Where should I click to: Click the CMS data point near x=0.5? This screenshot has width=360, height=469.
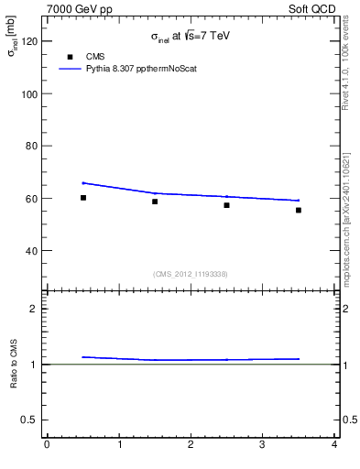click(83, 198)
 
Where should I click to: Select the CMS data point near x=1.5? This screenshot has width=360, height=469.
click(155, 202)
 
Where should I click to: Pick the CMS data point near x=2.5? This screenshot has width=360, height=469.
click(226, 205)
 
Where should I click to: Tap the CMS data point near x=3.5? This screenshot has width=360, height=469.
click(299, 210)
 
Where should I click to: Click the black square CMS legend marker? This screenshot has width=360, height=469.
click(69, 57)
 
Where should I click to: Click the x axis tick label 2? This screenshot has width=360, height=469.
click(191, 445)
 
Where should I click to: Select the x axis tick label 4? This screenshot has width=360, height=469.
click(333, 445)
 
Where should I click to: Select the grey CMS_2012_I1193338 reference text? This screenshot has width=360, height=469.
click(191, 274)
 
